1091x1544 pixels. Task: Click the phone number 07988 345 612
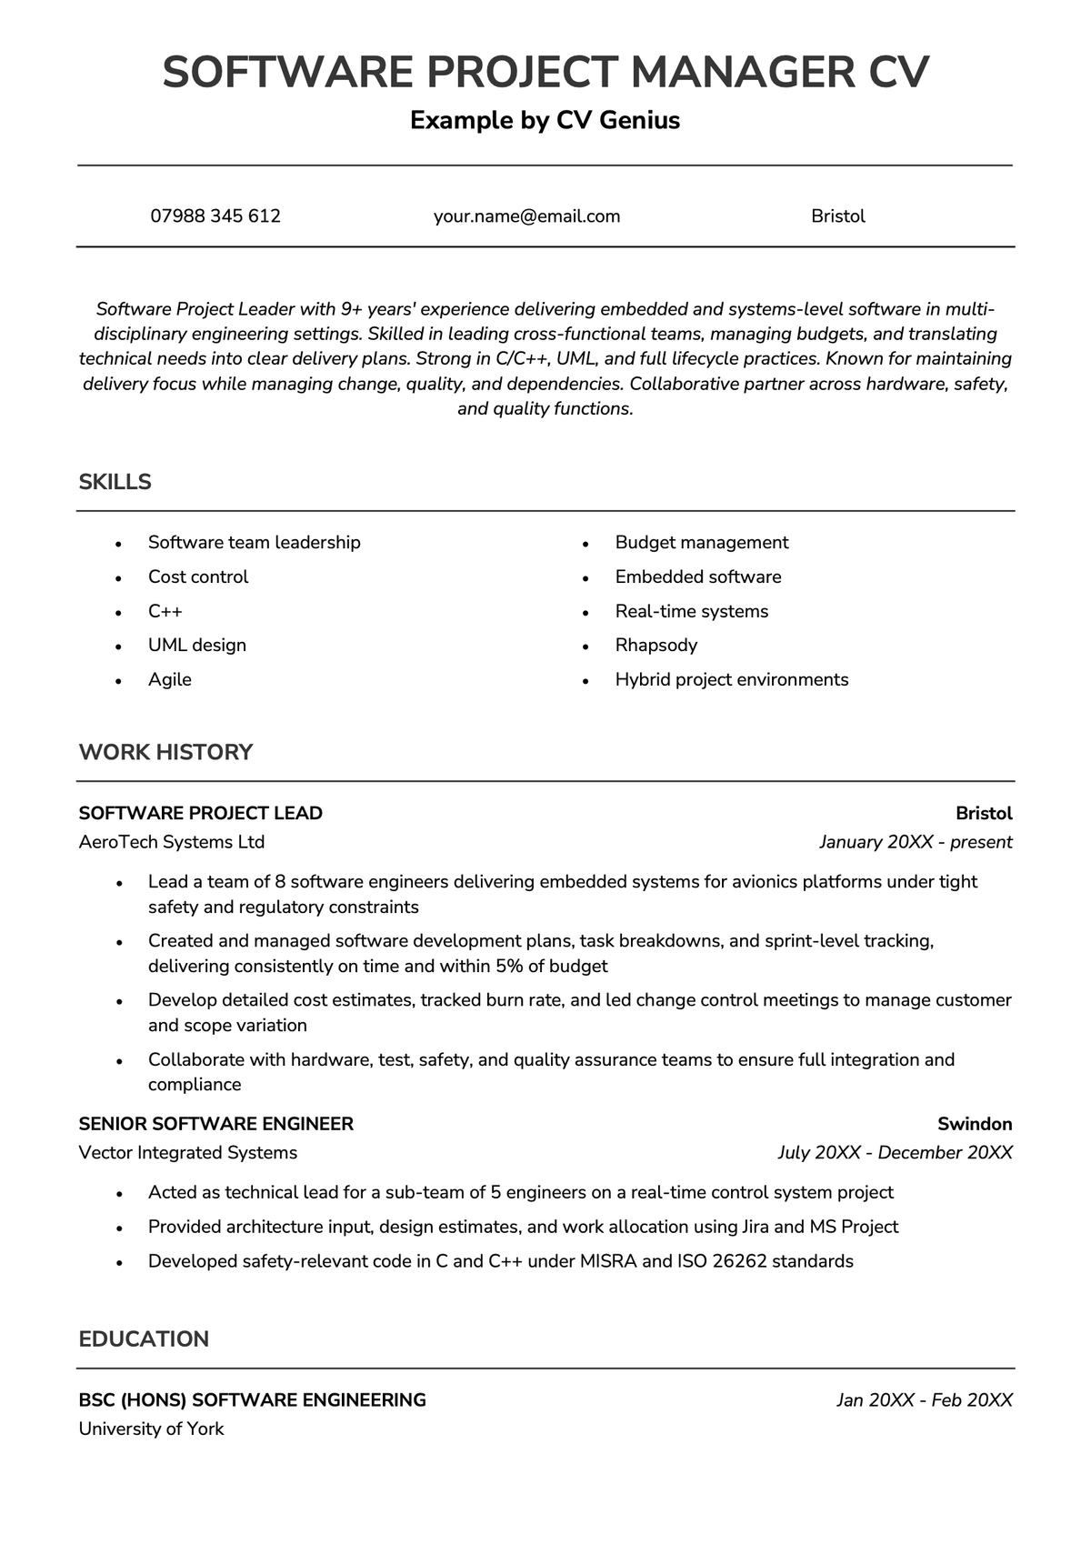tap(215, 216)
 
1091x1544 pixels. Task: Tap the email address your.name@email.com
tap(526, 216)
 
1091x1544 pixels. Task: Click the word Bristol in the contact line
tap(837, 216)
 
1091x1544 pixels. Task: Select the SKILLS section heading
tap(115, 482)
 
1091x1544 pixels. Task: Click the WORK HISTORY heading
tap(165, 752)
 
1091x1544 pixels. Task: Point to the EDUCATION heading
tap(144, 1338)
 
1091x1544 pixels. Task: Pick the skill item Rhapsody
tap(656, 646)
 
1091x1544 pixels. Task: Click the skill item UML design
tap(197, 646)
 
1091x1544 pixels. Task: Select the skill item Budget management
tap(701, 543)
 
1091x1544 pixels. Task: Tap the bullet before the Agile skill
tap(118, 681)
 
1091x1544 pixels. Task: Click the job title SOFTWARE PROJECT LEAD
tap(201, 813)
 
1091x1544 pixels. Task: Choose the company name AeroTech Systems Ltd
tap(172, 842)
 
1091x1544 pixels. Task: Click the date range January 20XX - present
tap(915, 842)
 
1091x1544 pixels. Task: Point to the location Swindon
tap(975, 1124)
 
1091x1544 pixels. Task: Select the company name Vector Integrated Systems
tap(188, 1153)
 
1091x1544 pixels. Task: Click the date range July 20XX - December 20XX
tap(895, 1153)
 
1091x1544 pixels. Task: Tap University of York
tap(152, 1429)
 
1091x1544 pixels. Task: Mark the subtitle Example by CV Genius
tap(545, 120)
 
